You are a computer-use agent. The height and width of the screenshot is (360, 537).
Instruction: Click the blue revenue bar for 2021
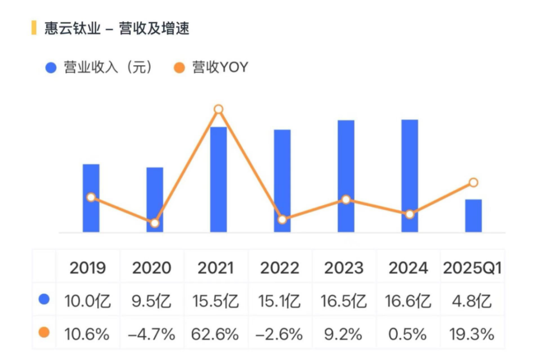[x=218, y=180]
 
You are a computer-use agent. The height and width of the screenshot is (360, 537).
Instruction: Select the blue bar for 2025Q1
[x=473, y=216]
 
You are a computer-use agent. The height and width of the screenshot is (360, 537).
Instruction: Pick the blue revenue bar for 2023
[x=346, y=176]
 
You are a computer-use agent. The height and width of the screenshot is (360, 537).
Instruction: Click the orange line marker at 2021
[x=218, y=109]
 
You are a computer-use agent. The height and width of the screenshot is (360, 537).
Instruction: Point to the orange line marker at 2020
[x=155, y=223]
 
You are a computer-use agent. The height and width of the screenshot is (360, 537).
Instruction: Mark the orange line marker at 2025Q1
[x=473, y=182]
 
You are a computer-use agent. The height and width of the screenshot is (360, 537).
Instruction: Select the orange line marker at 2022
[x=282, y=219]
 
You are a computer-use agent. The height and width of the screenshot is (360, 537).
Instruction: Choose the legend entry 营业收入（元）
[x=99, y=68]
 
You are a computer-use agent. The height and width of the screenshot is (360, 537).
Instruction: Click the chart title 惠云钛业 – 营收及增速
[x=117, y=28]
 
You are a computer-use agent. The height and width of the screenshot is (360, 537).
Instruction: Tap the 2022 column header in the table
[x=280, y=268]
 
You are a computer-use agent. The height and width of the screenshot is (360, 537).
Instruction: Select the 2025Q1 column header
[x=472, y=268]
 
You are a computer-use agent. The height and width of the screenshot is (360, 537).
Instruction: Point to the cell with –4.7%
[x=152, y=334]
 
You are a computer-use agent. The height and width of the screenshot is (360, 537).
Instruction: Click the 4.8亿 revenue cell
[x=472, y=301]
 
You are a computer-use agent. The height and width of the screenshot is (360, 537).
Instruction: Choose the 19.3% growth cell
[x=472, y=334]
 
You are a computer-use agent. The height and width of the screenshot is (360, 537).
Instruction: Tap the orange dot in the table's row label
[x=44, y=333]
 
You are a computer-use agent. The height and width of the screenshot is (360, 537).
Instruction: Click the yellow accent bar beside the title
[x=34, y=28]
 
